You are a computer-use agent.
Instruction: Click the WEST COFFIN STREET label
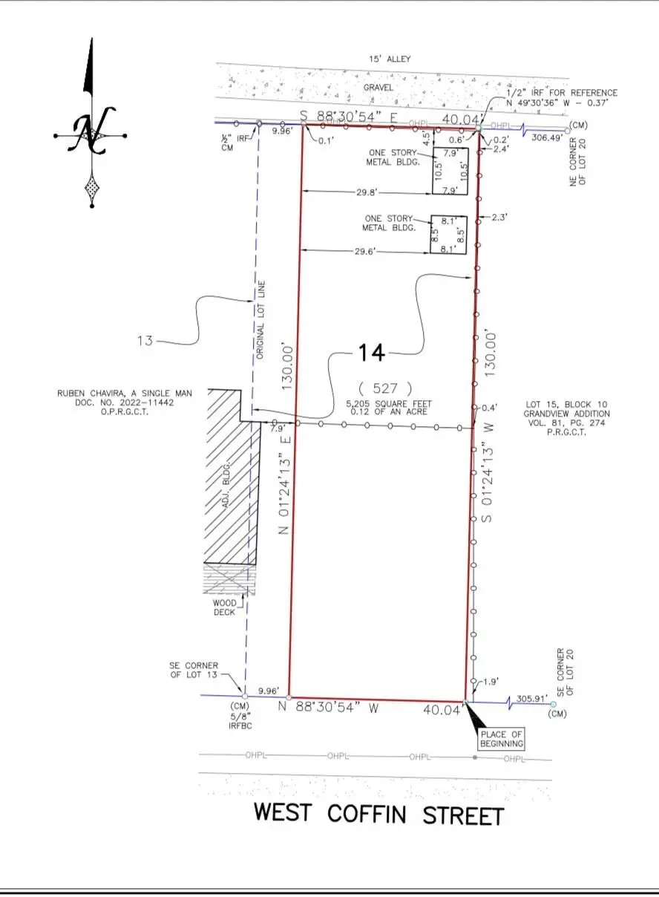coord(378,814)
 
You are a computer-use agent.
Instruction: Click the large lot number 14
coord(372,353)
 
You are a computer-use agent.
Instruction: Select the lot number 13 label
coord(145,341)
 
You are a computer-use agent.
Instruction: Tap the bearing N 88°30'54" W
coord(328,708)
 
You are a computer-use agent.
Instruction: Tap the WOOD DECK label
coord(224,607)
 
